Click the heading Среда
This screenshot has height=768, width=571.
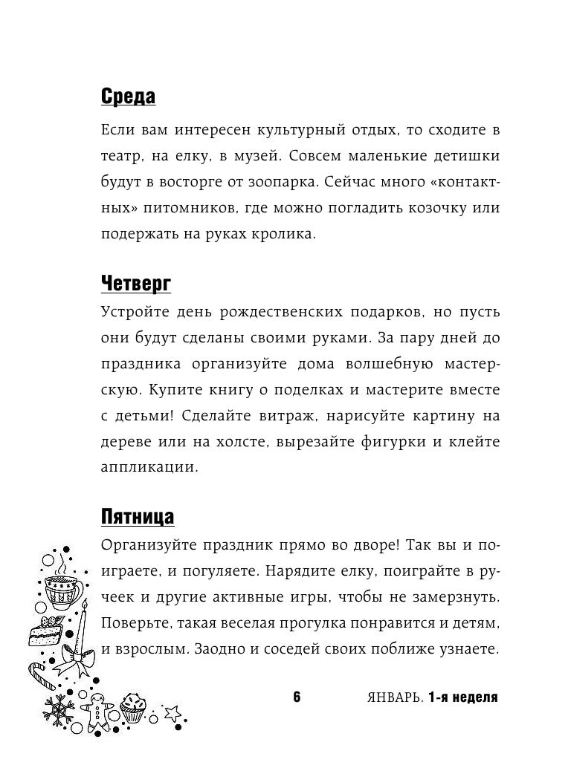coord(127,97)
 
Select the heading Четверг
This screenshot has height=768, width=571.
coord(136,283)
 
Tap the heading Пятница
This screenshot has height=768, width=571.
coord(138,516)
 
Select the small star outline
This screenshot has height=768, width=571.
coord(173,713)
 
